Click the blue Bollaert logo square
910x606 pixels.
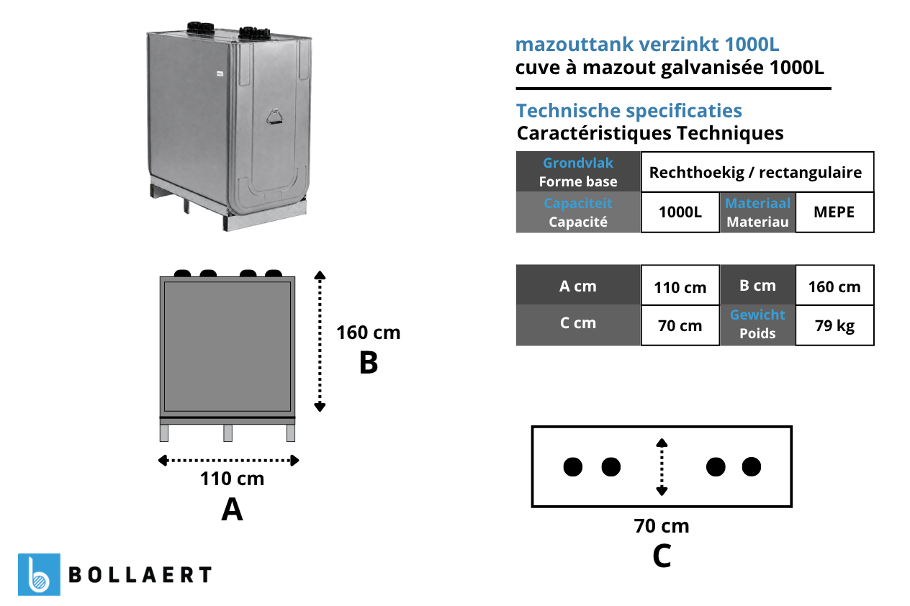(x=39, y=574)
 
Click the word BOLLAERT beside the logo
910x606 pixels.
(x=140, y=575)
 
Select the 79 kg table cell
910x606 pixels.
(x=835, y=325)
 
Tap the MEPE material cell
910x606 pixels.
(x=835, y=212)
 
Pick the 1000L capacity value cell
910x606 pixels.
(x=680, y=212)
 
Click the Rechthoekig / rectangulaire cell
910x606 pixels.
(x=757, y=172)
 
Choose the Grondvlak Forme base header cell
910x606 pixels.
(x=578, y=172)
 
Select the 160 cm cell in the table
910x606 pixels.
(x=835, y=286)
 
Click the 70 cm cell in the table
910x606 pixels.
(x=680, y=325)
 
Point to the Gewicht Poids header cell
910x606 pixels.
(x=757, y=325)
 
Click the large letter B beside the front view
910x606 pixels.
(x=369, y=362)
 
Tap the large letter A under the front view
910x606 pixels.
(x=233, y=510)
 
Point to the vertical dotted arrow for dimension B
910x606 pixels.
(x=320, y=341)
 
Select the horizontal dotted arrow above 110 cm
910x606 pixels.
(x=229, y=460)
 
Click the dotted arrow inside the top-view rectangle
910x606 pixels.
(x=662, y=466)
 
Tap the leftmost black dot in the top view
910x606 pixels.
(x=573, y=466)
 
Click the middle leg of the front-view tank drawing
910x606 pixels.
(x=228, y=433)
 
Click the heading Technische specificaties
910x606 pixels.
(x=629, y=111)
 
